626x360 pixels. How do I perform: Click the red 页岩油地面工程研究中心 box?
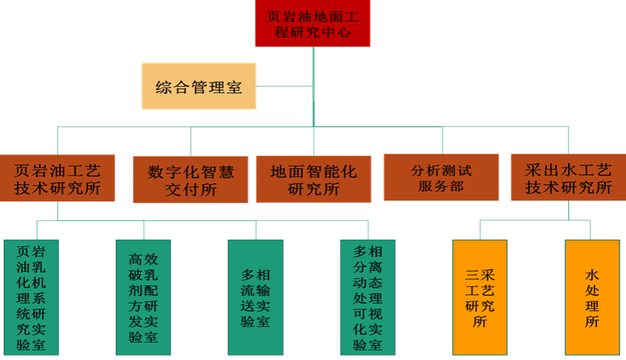coord(312,23)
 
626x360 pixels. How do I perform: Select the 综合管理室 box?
coord(199,85)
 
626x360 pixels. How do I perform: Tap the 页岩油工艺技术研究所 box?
coord(57,178)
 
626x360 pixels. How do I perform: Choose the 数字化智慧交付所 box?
coord(191,180)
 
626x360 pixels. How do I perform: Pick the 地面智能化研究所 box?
coord(314,179)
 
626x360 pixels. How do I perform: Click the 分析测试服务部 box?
coord(441,177)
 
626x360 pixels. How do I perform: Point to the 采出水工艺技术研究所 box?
coord(569,177)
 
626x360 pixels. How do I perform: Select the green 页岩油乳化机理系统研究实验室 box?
coord(31,297)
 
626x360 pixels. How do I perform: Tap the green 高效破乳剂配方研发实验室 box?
coord(143,297)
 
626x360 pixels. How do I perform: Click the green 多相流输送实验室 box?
coord(256,297)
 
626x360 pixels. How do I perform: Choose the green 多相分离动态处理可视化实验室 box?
coord(367,297)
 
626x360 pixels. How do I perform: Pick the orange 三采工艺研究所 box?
coord(480,297)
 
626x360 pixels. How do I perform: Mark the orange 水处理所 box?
coord(593,297)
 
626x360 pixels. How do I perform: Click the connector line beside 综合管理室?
coord(284,85)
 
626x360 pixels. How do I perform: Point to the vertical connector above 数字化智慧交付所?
coord(191,142)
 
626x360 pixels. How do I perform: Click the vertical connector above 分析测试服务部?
coord(443,141)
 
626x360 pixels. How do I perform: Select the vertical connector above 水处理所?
coord(590,230)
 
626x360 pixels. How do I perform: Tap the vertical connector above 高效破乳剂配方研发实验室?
coord(143,230)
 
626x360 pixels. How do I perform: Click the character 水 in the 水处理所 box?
coord(592,275)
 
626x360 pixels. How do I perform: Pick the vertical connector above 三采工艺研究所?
coord(480,230)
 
